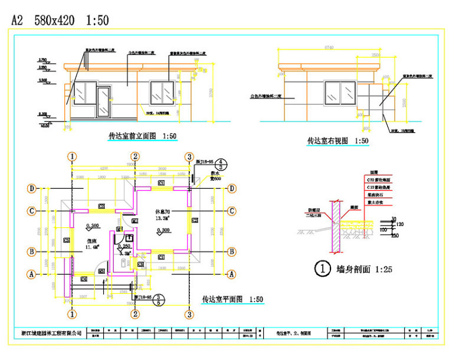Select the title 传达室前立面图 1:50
(x=142, y=136)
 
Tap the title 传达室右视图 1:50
(x=337, y=141)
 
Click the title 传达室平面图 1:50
(x=232, y=299)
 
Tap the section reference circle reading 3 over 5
(x=158, y=299)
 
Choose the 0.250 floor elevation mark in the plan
(x=123, y=246)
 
